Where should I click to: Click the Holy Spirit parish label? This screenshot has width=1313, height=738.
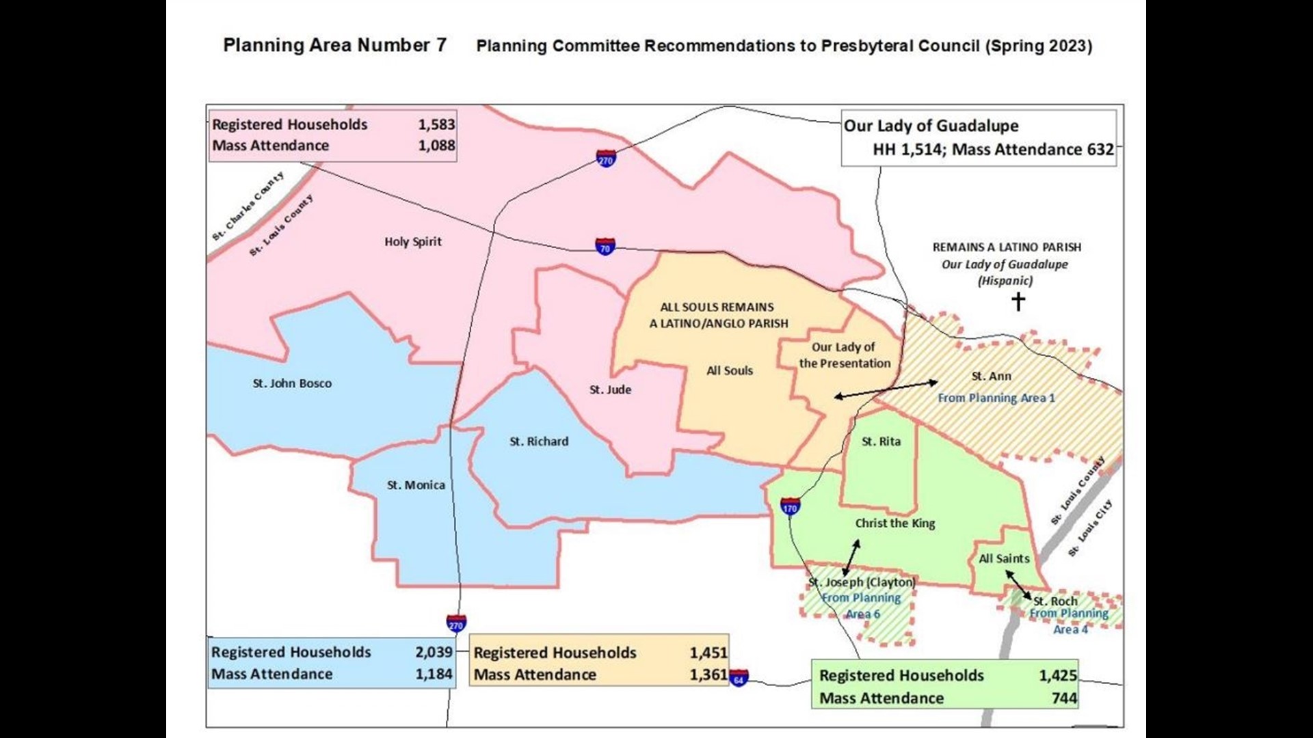pyautogui.click(x=412, y=241)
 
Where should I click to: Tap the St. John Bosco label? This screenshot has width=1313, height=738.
pyautogui.click(x=292, y=383)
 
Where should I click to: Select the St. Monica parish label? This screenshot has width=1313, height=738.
pyautogui.click(x=416, y=485)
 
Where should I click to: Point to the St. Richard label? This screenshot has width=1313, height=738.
pyautogui.click(x=539, y=441)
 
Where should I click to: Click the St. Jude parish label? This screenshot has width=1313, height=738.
pyautogui.click(x=610, y=389)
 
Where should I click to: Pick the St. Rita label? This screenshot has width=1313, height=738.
pyautogui.click(x=881, y=441)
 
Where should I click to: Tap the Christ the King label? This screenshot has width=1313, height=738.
pyautogui.click(x=894, y=523)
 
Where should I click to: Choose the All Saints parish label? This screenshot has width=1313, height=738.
pyautogui.click(x=1003, y=558)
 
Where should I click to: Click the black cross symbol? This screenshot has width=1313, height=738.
pyautogui.click(x=1018, y=301)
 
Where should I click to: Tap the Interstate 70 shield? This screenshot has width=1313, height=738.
pyautogui.click(x=605, y=246)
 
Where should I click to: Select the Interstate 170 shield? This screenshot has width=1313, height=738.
pyautogui.click(x=790, y=506)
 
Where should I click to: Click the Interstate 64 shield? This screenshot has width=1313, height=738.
pyautogui.click(x=739, y=678)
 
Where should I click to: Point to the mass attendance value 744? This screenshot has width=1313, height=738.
pyautogui.click(x=1064, y=698)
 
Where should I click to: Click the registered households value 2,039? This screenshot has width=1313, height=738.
pyautogui.click(x=434, y=652)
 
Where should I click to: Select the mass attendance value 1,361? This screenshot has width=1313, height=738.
pyautogui.click(x=708, y=674)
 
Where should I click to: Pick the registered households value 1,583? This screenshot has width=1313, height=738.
pyautogui.click(x=436, y=124)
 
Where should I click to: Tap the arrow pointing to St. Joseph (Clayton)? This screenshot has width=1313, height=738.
pyautogui.click(x=851, y=557)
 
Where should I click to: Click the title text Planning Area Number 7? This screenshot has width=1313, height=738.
pyautogui.click(x=334, y=45)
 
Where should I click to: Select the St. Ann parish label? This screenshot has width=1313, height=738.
pyautogui.click(x=991, y=376)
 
